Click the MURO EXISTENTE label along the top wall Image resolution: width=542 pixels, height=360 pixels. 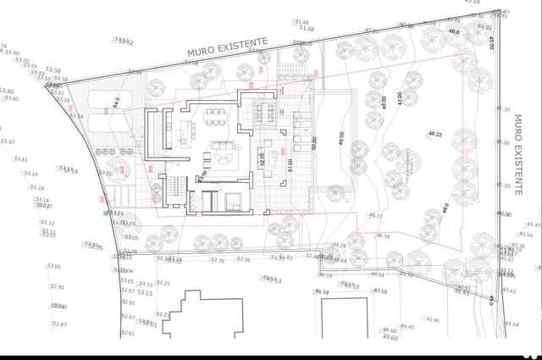pos(228,46)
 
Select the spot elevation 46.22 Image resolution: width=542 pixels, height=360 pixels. pos(436,135)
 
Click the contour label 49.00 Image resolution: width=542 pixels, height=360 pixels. pos(341,138)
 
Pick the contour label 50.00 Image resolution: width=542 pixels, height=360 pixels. pos(313,144)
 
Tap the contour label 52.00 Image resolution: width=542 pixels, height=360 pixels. pos(263,158)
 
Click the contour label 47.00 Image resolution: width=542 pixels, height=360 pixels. pos(399,99)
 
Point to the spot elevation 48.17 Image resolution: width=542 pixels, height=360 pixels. pos(375,216)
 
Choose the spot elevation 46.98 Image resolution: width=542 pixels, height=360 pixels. pos(383,236)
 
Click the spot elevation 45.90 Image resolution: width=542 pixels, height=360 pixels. pos(432,320)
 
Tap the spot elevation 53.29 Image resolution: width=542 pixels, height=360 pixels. pos(163,283)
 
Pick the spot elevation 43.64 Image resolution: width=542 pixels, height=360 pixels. pos(511,324)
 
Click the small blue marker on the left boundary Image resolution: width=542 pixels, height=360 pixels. pos(107,213)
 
